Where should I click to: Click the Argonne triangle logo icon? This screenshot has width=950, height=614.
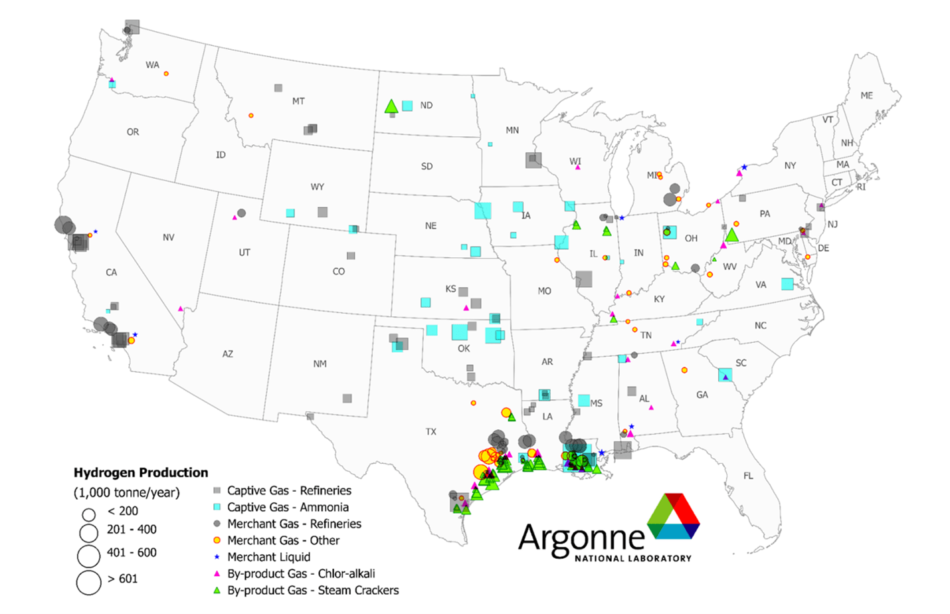[x=673, y=516]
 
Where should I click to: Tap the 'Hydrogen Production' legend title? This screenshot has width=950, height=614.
[x=141, y=472]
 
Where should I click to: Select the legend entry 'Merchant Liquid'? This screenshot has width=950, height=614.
[x=268, y=557]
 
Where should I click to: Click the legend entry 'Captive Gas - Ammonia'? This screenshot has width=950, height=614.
[x=288, y=507]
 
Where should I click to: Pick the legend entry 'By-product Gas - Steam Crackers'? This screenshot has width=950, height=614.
[x=312, y=590]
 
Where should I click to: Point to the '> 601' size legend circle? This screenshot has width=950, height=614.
[x=88, y=582]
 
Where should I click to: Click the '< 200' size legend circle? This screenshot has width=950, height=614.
[x=88, y=514]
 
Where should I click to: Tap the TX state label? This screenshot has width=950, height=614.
[x=430, y=432]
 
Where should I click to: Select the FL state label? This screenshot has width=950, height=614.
[x=748, y=476]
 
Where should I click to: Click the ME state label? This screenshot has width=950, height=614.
[x=866, y=96]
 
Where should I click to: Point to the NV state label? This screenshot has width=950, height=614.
[x=168, y=237]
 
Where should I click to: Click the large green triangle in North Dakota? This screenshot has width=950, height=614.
[x=391, y=106]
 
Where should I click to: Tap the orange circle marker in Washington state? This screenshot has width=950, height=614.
[x=166, y=74]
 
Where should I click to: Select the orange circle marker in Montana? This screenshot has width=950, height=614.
[x=250, y=116]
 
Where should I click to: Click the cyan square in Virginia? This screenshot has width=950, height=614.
[x=787, y=284]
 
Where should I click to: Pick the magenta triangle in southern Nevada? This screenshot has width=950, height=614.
[x=180, y=309]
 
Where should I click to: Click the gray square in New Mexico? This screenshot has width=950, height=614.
[x=347, y=399]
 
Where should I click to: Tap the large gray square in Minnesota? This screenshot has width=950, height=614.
[x=533, y=159]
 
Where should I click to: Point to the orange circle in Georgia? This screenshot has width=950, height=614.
[x=684, y=370]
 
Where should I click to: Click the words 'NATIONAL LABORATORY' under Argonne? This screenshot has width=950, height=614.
[x=632, y=558]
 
